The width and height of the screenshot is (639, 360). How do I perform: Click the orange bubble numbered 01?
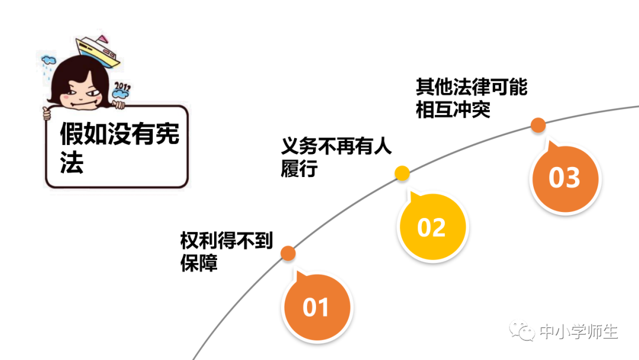316,307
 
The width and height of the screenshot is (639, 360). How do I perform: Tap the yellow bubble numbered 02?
431,227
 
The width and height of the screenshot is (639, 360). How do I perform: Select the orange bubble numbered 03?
564,177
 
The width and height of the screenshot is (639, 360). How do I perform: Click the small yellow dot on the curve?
402,173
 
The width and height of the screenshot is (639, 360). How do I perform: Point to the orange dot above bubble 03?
538,125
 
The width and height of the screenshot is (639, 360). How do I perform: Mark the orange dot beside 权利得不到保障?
288,253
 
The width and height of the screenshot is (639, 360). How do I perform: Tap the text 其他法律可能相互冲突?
471,99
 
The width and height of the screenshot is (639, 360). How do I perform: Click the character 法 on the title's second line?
72,163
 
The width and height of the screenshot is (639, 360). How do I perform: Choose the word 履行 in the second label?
299,169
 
